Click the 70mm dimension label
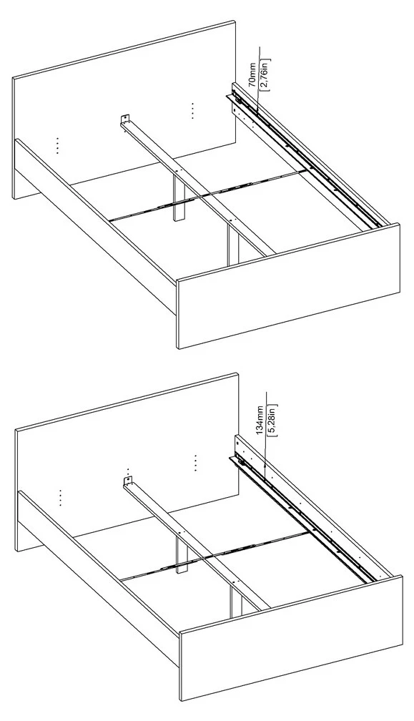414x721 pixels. coord(252,74)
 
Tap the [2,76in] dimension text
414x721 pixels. coord(265,74)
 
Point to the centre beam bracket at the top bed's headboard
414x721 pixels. coord(125,119)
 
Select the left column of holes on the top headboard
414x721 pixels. coord(57,145)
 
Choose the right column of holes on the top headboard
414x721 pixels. coord(192,111)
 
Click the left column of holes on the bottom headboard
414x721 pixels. coord(60,498)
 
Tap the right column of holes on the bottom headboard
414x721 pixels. coord(195,463)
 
